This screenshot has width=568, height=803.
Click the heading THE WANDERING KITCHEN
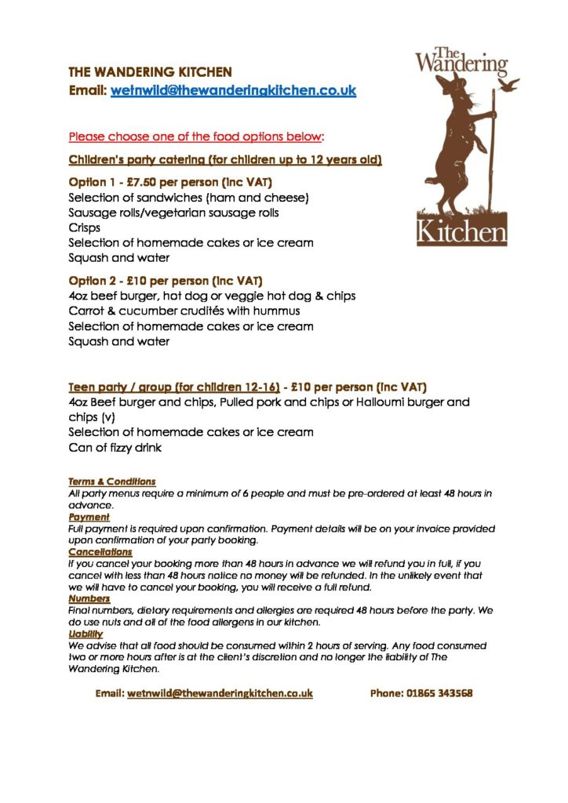coord(150,72)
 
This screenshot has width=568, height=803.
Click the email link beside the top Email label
coord(234,91)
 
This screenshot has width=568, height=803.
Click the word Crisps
coord(84,227)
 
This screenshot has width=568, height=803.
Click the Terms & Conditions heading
coord(111,481)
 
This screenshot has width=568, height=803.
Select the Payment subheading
coord(88,518)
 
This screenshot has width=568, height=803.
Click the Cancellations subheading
coord(100,552)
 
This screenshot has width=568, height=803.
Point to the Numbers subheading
coord(89,599)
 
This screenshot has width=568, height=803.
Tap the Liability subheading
coord(86,634)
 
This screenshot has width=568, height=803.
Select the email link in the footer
coord(220,694)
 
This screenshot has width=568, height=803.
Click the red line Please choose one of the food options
coord(196,137)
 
